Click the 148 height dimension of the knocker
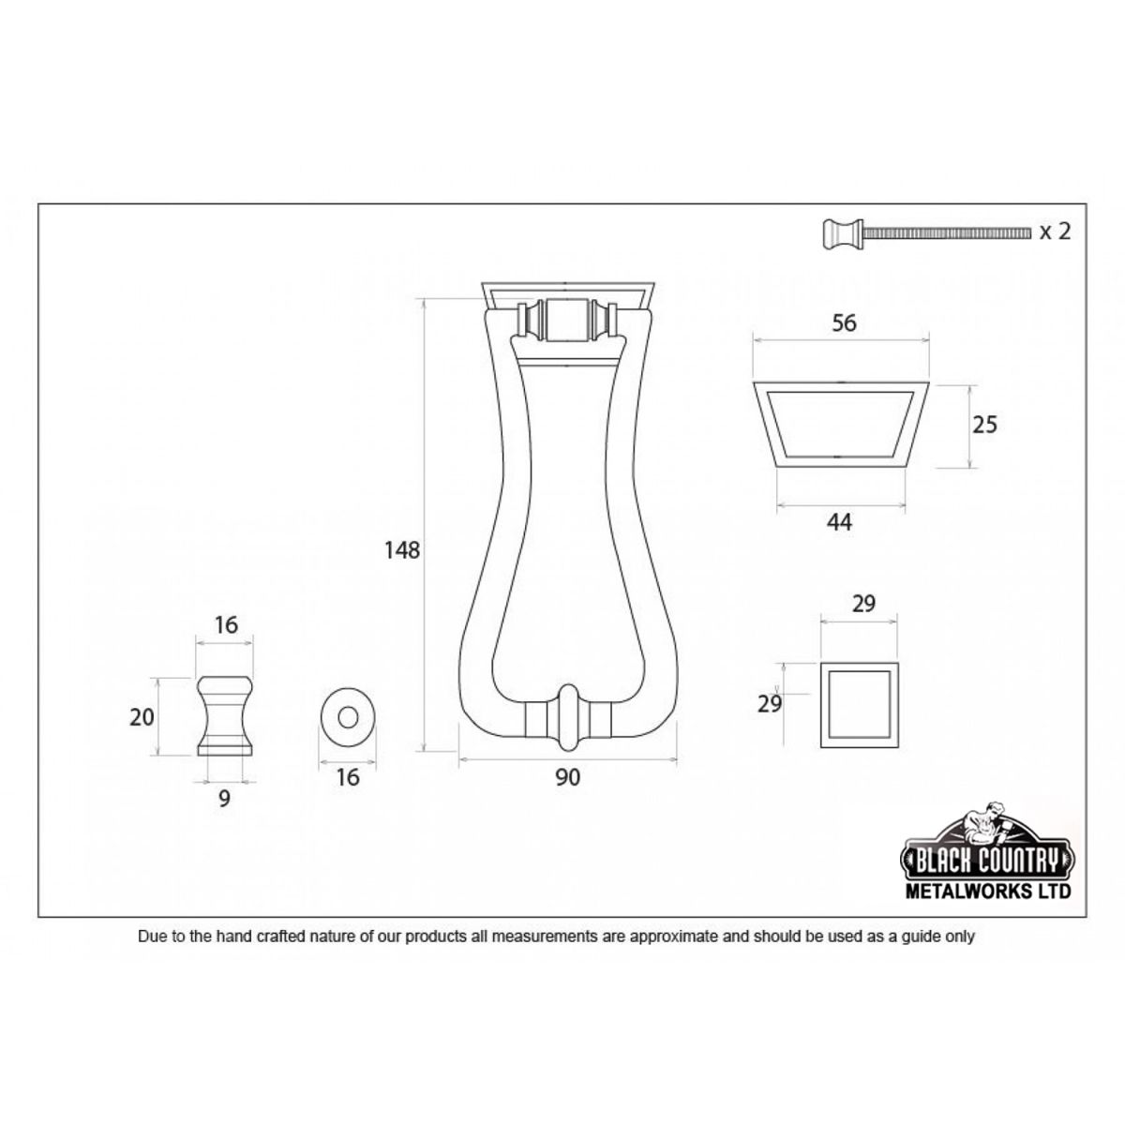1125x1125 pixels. (401, 550)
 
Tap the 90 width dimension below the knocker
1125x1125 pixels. (567, 777)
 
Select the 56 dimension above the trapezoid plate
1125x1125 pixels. (844, 322)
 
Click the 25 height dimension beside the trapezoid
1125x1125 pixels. (984, 425)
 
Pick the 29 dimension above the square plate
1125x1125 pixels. (862, 604)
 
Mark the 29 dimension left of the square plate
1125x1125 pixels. (770, 703)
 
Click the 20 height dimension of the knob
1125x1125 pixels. (142, 717)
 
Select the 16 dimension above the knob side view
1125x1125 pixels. (225, 624)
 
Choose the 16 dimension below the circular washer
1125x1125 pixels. (348, 777)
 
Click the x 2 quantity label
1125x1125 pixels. (1055, 232)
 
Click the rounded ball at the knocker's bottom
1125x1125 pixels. (569, 718)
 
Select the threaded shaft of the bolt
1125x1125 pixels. (947, 231)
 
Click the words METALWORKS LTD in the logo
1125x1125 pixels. (985, 892)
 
